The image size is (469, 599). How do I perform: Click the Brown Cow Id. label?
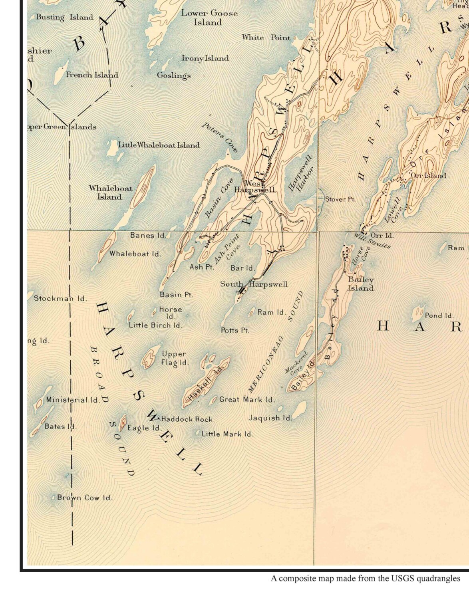point(85,498)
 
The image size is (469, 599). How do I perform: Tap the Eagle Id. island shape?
point(123,421)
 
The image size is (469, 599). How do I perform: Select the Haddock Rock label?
point(187,419)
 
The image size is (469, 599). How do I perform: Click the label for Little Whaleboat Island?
point(159,145)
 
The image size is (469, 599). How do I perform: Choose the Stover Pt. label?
point(340,199)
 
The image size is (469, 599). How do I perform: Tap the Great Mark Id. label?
point(247,399)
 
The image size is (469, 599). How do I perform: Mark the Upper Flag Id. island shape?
point(149,359)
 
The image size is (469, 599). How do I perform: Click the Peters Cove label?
point(220,137)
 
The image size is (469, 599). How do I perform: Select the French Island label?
point(92,75)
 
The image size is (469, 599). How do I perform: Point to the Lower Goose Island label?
point(209,18)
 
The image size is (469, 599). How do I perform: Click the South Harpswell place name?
point(254,284)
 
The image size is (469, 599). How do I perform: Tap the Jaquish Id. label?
point(270,418)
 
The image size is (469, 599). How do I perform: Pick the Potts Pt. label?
point(235,330)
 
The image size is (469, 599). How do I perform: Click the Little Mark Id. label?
point(227,434)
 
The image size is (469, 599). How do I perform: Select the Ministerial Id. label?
point(73,400)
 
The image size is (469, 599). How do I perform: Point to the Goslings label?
point(174,75)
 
